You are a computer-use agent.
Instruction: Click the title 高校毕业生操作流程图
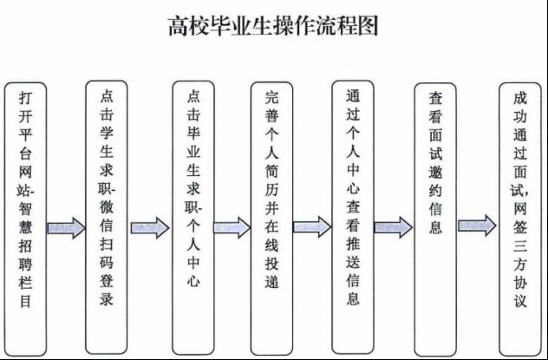(x=273, y=25)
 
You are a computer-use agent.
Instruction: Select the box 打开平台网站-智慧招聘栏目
(x=26, y=217)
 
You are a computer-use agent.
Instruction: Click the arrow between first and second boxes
(x=66, y=228)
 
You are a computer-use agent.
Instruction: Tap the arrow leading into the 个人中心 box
(x=149, y=228)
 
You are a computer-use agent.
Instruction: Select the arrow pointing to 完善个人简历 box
(x=231, y=228)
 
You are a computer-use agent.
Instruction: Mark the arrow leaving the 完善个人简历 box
(x=312, y=228)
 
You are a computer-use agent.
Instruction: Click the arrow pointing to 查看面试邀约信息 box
(x=394, y=227)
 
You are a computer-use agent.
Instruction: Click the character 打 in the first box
(x=26, y=102)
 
